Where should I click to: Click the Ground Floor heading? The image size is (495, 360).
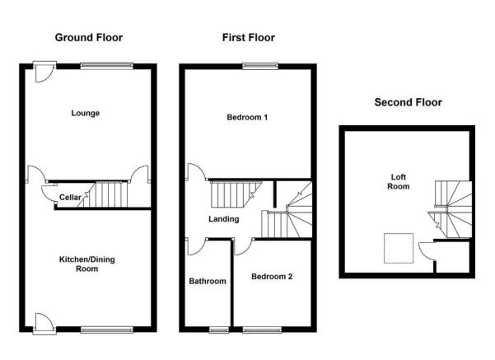(x=89, y=38)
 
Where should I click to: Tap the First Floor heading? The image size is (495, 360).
(x=249, y=38)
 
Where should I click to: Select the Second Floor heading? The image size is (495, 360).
(x=408, y=102)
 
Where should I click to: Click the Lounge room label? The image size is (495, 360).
(x=85, y=113)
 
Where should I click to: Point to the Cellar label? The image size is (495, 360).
(x=70, y=198)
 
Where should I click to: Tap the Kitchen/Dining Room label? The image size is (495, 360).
(x=86, y=264)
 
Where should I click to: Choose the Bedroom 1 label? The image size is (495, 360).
(x=247, y=118)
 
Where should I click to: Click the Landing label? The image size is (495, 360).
(x=223, y=219)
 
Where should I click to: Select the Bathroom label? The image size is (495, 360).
(x=208, y=281)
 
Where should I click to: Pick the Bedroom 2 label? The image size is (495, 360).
(x=272, y=277)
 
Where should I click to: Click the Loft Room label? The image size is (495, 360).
(x=399, y=181)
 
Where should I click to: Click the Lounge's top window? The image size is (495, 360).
(x=107, y=66)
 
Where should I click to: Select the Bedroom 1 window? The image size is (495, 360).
(x=260, y=66)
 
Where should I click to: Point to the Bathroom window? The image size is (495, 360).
(x=219, y=330)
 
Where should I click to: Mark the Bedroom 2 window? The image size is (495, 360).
(x=262, y=330)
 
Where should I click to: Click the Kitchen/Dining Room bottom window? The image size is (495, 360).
(x=107, y=330)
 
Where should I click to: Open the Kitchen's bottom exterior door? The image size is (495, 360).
(x=44, y=324)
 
